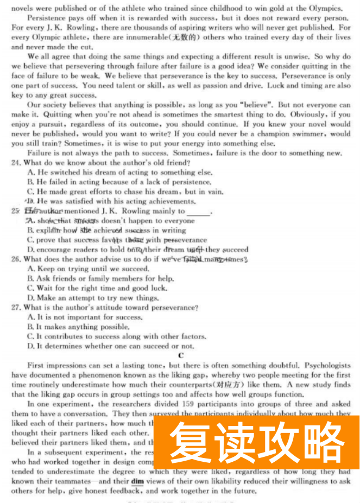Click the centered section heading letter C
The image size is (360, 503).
[x=181, y=355]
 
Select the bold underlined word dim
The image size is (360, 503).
[x=137, y=481]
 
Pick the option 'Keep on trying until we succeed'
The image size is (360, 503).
[x=92, y=269]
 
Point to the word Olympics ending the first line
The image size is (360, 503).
[x=326, y=8]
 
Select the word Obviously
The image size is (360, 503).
[x=311, y=114]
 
